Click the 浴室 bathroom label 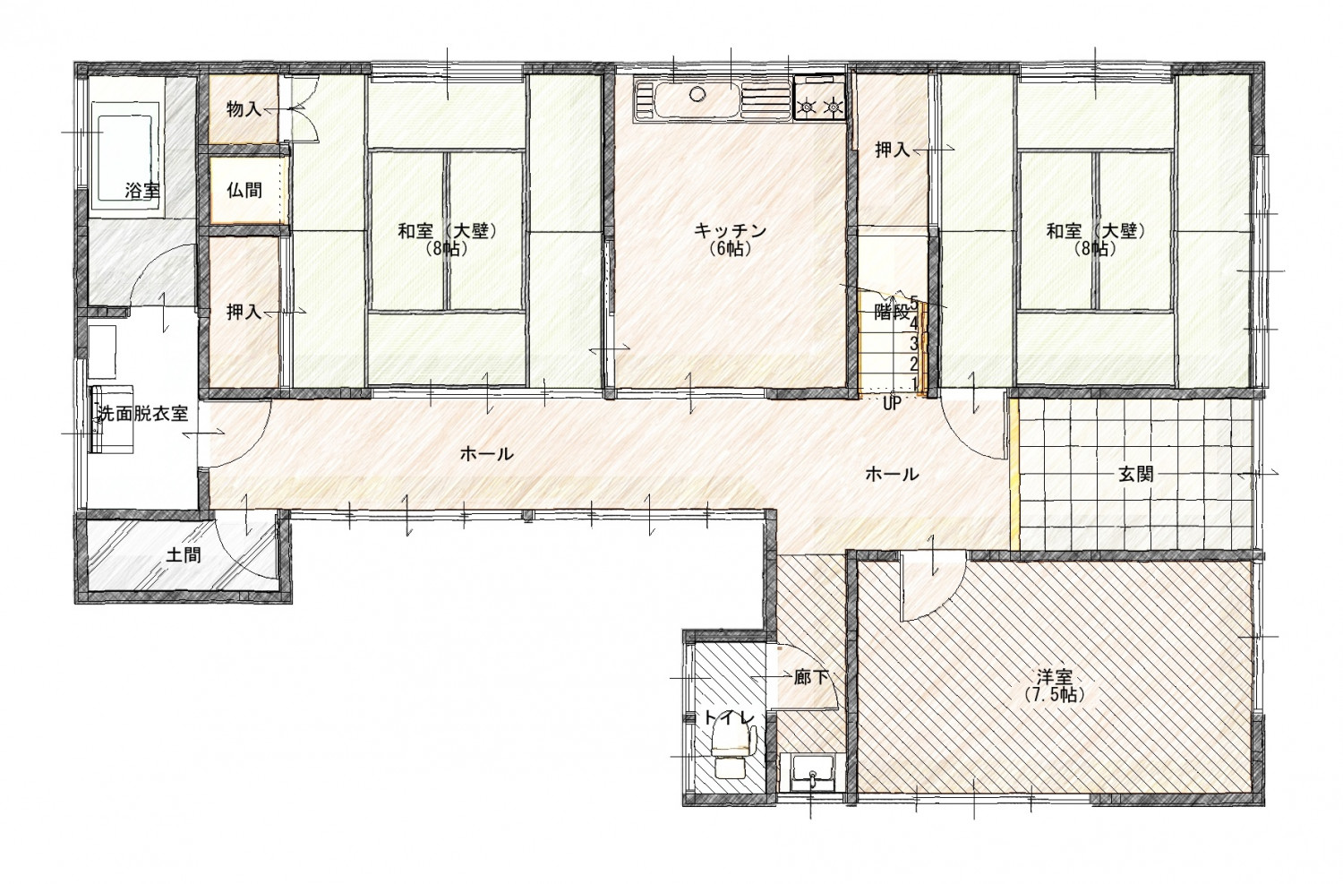142,192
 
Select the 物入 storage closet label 244,109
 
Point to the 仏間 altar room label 244,191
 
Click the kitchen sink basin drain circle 697,94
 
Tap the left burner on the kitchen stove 807,107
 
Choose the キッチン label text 731,229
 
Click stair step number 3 914,344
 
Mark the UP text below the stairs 892,404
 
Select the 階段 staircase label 892,312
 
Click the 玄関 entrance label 1135,474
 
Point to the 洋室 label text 1055,678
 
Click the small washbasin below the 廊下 812,774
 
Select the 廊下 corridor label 811,678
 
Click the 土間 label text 183,555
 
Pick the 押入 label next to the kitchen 892,150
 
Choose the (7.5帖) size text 1055,695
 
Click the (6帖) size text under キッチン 731,248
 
